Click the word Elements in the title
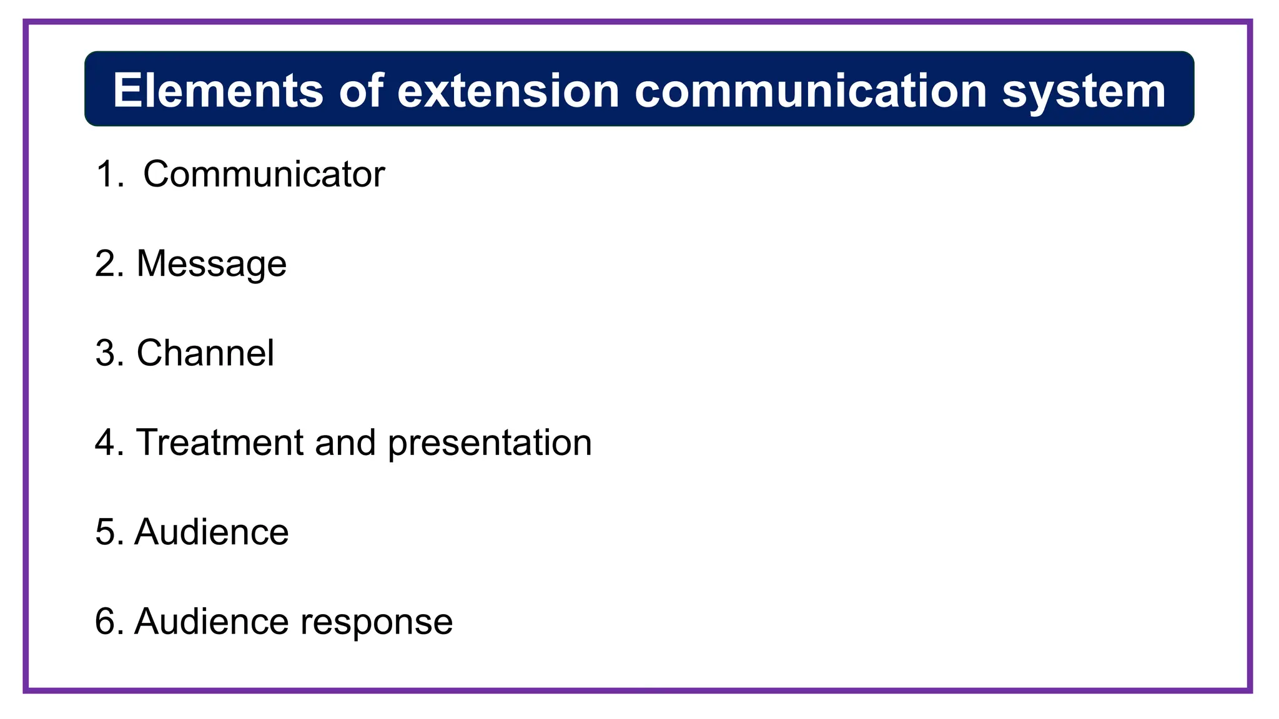click(x=218, y=91)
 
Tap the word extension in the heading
click(x=508, y=91)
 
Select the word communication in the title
click(x=811, y=91)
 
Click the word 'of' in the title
click(x=361, y=91)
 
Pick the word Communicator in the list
click(x=264, y=174)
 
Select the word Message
click(x=211, y=264)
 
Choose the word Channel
click(x=205, y=353)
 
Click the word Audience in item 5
click(x=211, y=532)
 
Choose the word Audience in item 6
click(x=211, y=622)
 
